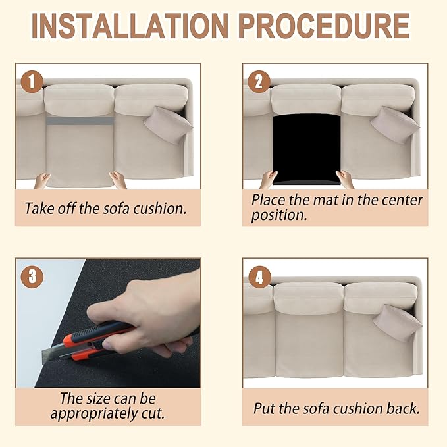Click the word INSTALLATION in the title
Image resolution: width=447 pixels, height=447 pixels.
pyautogui.click(x=130, y=26)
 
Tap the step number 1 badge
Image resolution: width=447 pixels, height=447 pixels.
pyautogui.click(x=32, y=82)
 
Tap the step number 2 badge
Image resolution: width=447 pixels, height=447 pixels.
pyautogui.click(x=259, y=82)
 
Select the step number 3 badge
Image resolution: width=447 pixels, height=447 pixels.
pyautogui.click(x=32, y=276)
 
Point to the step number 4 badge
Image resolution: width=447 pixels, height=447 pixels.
pyautogui.click(x=259, y=276)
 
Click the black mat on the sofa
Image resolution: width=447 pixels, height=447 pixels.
pyautogui.click(x=307, y=149)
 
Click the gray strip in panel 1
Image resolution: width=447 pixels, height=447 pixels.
pyautogui.click(x=80, y=120)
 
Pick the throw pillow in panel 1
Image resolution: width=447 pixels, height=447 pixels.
pyautogui.click(x=168, y=125)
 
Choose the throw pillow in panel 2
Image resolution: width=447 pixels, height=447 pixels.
pyautogui.click(x=395, y=125)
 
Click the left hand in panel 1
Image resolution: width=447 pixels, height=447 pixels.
pyautogui.click(x=43, y=181)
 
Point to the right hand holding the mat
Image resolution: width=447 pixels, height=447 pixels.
pyautogui.click(x=345, y=179)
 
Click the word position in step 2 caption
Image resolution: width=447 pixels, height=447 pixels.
pyautogui.click(x=279, y=215)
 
